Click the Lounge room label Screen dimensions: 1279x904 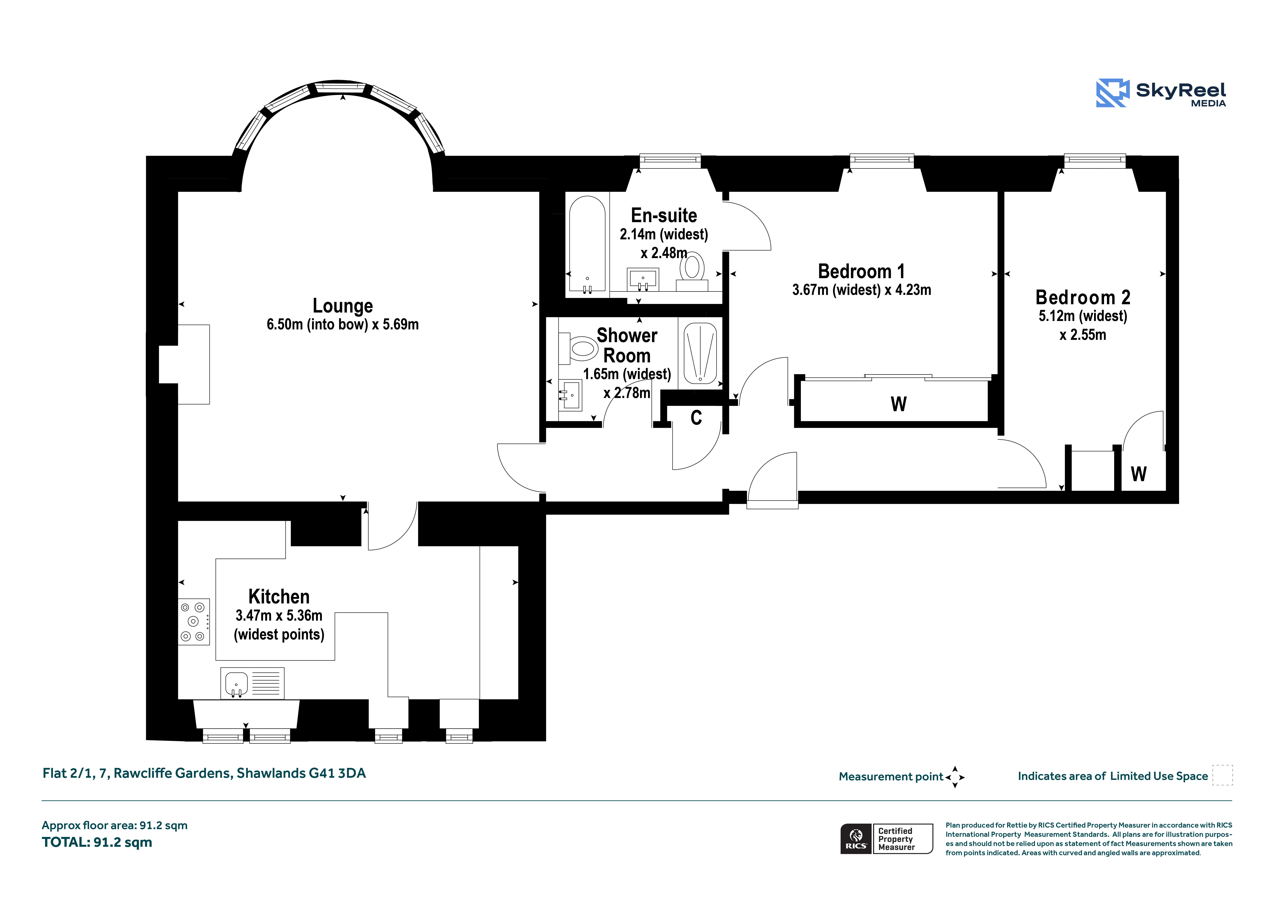(343, 306)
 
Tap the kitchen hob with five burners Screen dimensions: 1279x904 (194, 622)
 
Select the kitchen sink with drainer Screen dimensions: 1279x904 (252, 683)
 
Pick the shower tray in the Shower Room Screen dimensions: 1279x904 (700, 353)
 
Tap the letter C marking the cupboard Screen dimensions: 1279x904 (696, 418)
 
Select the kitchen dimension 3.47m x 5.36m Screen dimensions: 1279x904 (279, 615)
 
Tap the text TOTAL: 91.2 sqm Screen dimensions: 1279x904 (97, 842)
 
